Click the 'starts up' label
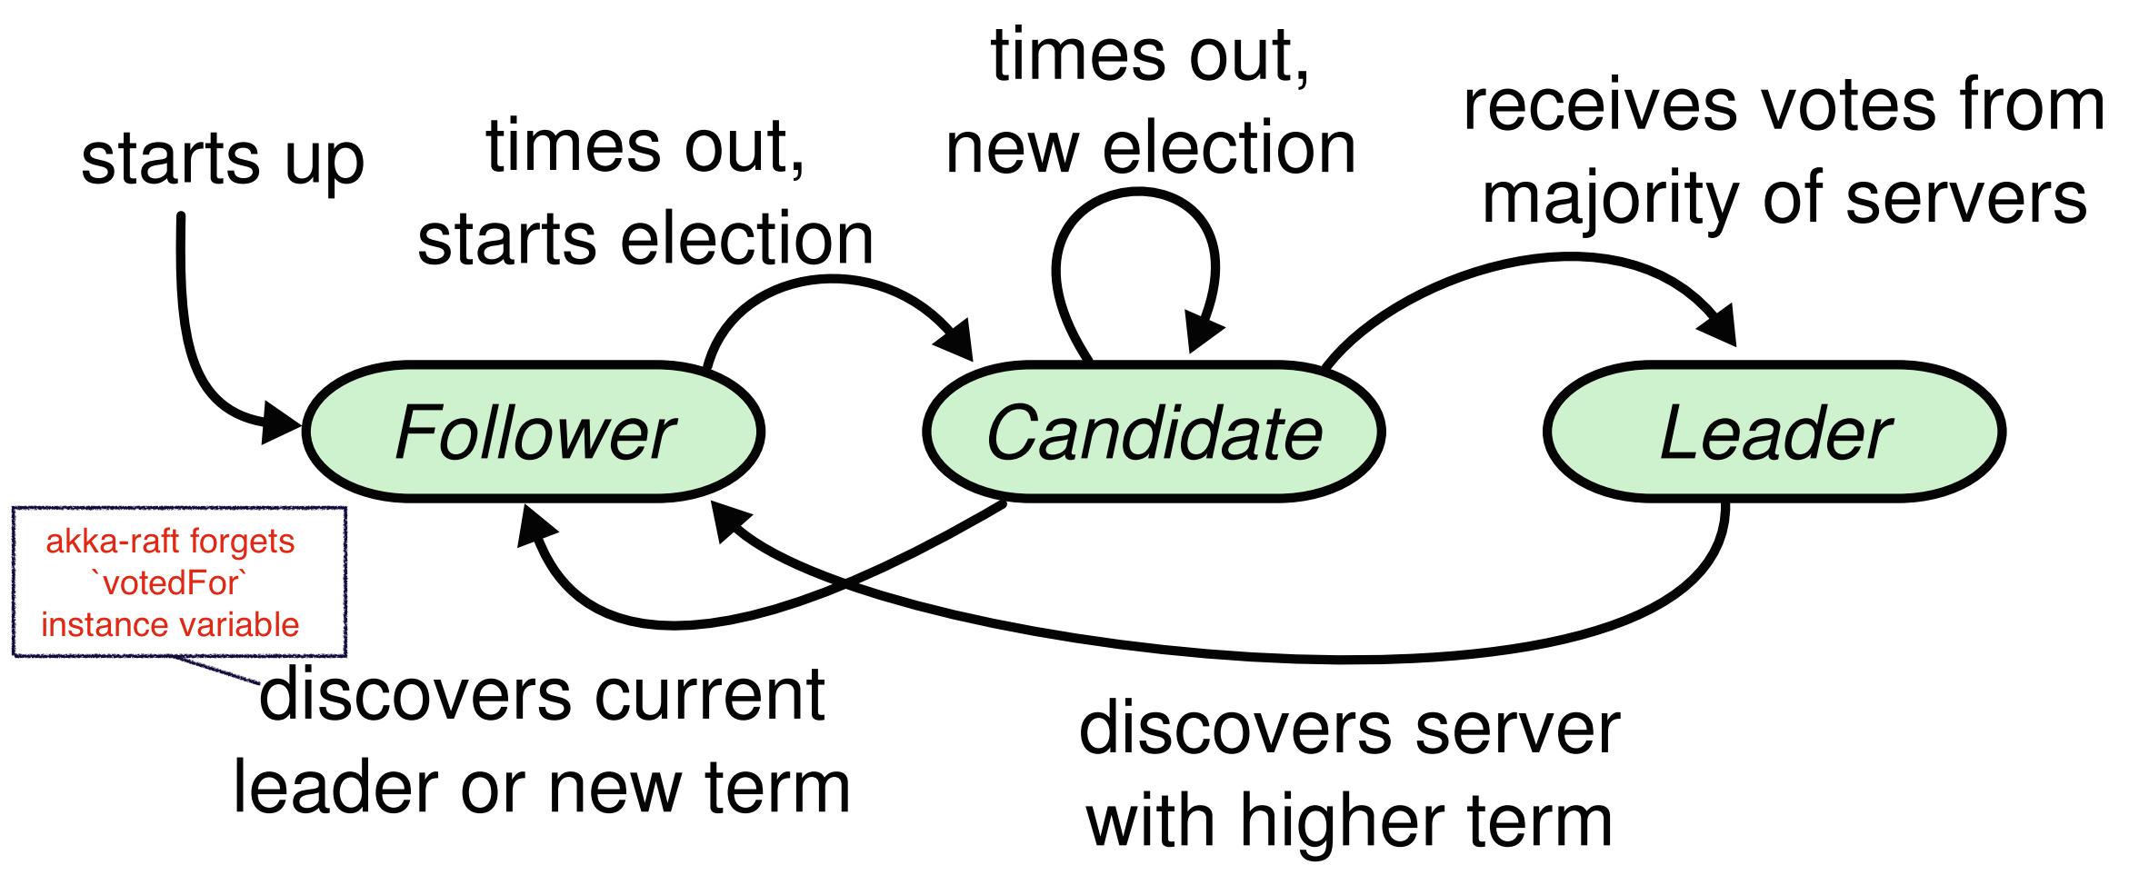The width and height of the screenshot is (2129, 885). click(223, 158)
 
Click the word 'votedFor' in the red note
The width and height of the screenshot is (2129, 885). click(170, 584)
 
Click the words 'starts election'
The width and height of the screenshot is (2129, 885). click(645, 239)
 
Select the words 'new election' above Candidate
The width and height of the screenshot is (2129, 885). click(1151, 148)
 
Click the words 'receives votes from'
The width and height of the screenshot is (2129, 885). click(1783, 105)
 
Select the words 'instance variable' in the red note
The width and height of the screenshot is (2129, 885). click(170, 625)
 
